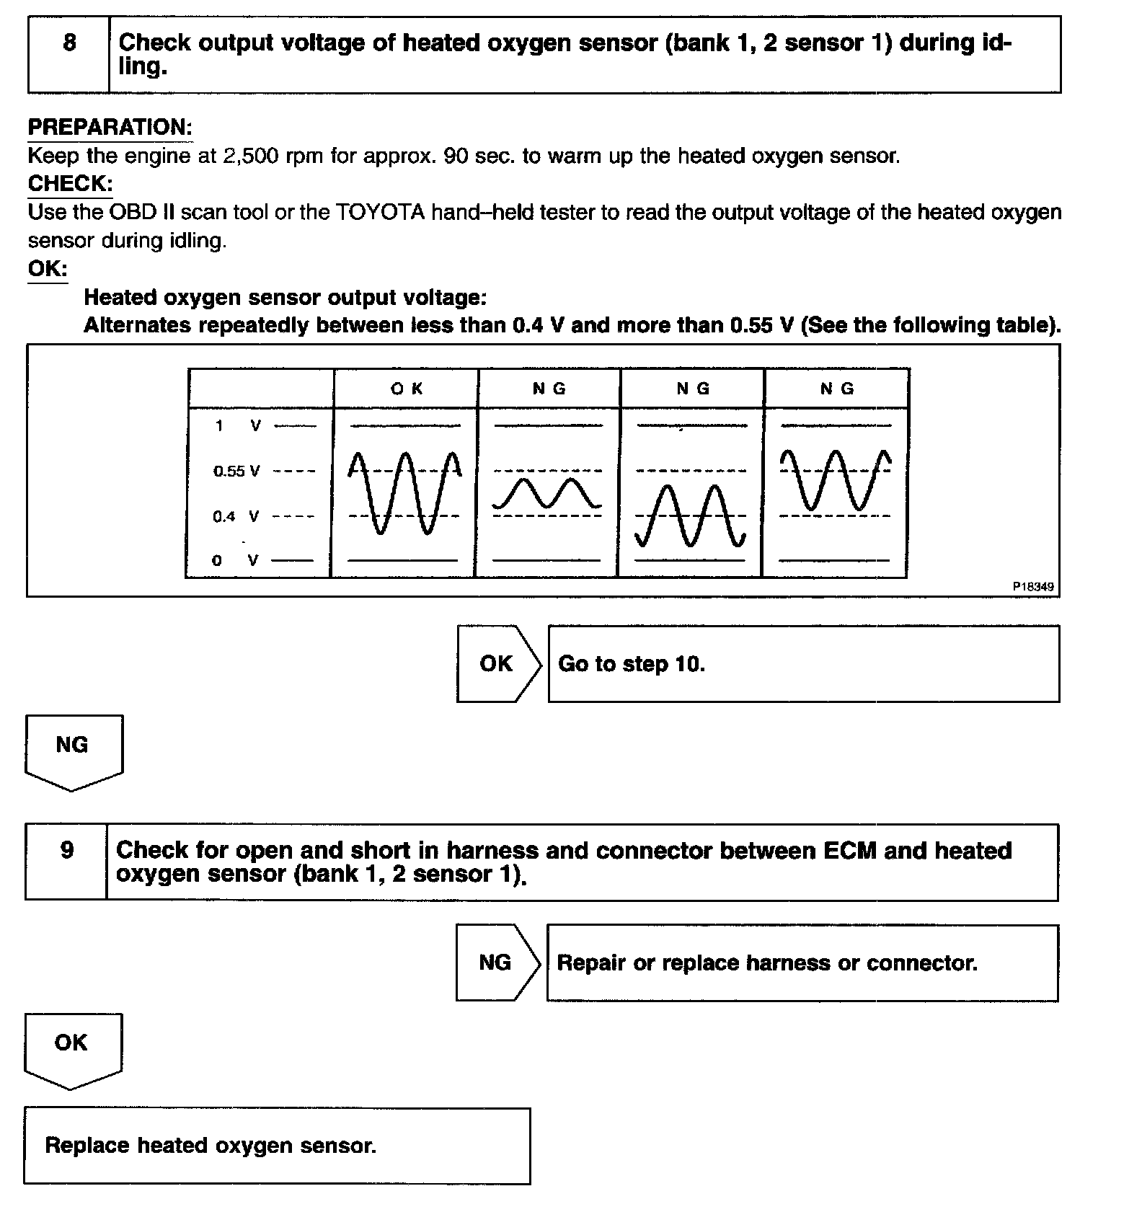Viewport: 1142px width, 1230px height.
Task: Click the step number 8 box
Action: (68, 54)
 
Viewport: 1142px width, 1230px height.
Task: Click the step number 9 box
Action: (66, 862)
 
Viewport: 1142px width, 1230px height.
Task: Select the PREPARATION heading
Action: (110, 128)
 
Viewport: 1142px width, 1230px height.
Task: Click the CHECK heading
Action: (70, 184)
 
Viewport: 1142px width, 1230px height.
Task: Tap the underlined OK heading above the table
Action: (48, 269)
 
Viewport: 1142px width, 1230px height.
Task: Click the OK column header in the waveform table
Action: (407, 389)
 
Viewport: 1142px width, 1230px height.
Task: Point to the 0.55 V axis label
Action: (236, 472)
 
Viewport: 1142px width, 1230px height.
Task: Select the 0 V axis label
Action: (235, 560)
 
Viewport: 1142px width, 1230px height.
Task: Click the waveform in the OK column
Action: (404, 493)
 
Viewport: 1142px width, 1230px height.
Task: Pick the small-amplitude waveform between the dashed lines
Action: (547, 493)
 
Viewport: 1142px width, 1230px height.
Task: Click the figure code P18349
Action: (1033, 586)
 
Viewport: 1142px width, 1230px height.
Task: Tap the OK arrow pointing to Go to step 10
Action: (498, 663)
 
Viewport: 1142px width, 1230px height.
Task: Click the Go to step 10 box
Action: (803, 663)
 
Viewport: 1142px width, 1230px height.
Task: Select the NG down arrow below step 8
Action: (74, 751)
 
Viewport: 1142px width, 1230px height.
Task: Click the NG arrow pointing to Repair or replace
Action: (497, 963)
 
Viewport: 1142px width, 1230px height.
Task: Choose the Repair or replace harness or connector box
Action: (802, 963)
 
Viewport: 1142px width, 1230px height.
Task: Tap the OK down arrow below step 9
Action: (72, 1048)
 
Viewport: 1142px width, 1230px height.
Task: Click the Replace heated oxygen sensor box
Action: (277, 1146)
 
